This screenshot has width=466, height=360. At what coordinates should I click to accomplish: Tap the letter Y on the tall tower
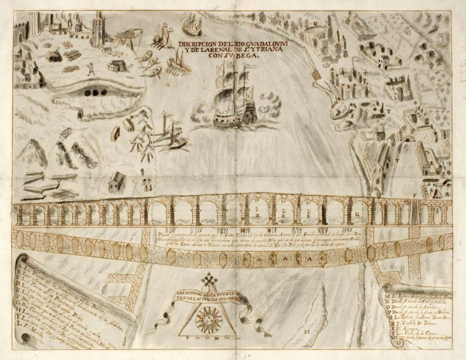[x=100, y=37]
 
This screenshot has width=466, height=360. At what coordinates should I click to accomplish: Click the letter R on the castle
[x=348, y=87]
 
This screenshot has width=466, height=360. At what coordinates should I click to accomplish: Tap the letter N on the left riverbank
[x=132, y=117]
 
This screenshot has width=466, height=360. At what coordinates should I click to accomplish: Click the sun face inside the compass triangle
[x=209, y=320]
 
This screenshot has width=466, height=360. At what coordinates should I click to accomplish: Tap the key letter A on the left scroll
[x=20, y=266]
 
